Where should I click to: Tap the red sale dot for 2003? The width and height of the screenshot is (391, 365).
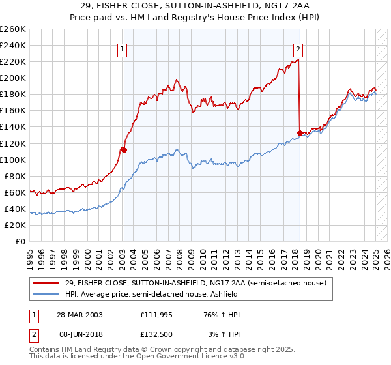click(124, 149)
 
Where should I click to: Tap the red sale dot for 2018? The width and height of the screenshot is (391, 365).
click(300, 133)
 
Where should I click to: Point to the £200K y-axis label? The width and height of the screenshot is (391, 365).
click(13, 78)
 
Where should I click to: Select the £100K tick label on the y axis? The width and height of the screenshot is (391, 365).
click(13, 160)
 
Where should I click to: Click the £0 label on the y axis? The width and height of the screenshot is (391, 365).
click(20, 241)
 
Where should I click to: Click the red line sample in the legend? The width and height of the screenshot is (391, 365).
click(47, 283)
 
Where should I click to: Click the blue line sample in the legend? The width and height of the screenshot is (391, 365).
click(47, 294)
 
